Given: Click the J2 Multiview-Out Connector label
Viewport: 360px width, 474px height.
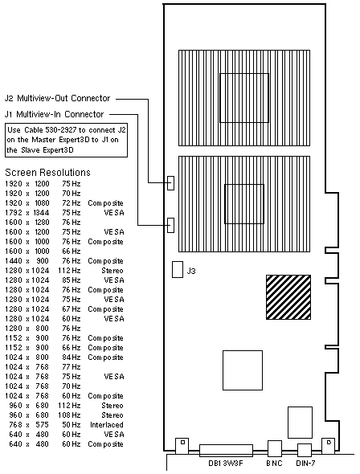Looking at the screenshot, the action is tap(57, 98).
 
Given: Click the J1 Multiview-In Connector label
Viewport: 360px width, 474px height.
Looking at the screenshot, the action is tap(54, 114).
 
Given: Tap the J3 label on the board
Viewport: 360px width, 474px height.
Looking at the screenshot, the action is tap(191, 271).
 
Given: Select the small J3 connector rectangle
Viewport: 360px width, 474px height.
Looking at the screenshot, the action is tap(178, 269).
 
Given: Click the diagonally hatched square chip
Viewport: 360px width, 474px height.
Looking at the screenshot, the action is tap(288, 297).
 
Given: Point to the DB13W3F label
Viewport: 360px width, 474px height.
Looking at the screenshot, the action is tap(226, 463).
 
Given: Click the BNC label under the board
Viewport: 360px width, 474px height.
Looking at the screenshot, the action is tap(274, 463).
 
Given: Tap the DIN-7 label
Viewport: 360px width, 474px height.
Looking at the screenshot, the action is tap(305, 463).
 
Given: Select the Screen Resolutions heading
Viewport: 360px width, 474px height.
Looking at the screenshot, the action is tap(47, 172).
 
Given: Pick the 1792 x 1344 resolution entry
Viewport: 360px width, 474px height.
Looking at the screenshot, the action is tap(27, 213).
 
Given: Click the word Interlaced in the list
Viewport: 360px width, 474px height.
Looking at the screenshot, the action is tap(107, 425).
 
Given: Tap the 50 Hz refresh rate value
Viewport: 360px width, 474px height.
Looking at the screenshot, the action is tap(72, 425).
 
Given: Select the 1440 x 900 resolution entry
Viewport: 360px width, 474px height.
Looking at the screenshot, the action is tap(27, 261).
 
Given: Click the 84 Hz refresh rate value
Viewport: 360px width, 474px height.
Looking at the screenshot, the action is tap(72, 358).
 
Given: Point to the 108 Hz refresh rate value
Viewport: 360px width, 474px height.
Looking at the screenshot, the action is tap(69, 415).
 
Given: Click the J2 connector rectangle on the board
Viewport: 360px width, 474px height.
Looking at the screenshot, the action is tap(170, 183).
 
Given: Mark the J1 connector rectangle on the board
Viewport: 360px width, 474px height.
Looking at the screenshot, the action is tap(170, 225).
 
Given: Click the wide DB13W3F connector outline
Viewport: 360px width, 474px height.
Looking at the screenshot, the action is tap(226, 451).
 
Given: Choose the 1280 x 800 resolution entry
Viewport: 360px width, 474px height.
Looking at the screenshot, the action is tap(27, 329).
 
